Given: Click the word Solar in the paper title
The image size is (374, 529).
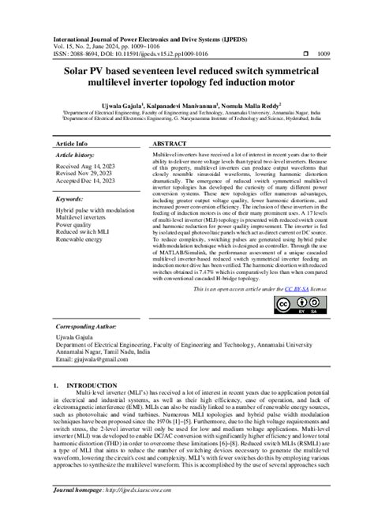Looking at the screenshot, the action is tap(75, 69).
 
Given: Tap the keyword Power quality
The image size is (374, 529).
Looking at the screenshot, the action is tap(77, 226).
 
